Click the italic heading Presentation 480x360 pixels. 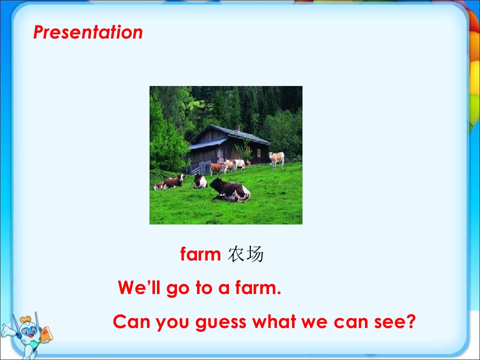tap(88, 32)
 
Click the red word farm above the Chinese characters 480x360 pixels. tap(200, 254)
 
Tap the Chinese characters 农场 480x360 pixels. tap(245, 254)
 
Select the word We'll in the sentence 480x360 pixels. tap(139, 287)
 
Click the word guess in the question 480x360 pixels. tap(220, 322)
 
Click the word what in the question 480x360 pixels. tap(274, 321)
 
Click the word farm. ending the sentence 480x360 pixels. tap(258, 287)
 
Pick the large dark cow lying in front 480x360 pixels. tap(230, 190)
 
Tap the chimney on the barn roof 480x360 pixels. tap(238, 128)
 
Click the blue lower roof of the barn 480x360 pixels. tap(208, 143)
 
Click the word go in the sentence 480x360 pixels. tap(177, 289)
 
